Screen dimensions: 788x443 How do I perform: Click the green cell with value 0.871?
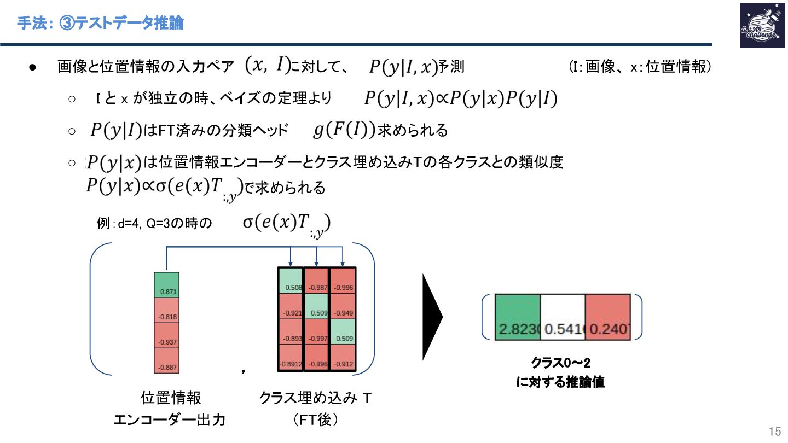point(167,285)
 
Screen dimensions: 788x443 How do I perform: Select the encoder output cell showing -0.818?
point(167,310)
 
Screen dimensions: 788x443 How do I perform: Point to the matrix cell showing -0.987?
point(316,281)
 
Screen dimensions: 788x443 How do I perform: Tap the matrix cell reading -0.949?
point(343,306)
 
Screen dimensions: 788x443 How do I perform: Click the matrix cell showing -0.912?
point(343,358)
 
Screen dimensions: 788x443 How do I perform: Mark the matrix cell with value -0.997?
point(316,332)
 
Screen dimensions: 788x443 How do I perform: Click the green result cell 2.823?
point(518,317)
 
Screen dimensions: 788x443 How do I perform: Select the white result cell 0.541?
point(563,317)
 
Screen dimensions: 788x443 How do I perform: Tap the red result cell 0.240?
point(608,317)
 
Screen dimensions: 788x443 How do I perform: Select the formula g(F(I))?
point(344,130)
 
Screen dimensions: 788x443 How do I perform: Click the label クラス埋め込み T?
point(316,398)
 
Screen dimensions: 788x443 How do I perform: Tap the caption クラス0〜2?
point(560,363)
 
